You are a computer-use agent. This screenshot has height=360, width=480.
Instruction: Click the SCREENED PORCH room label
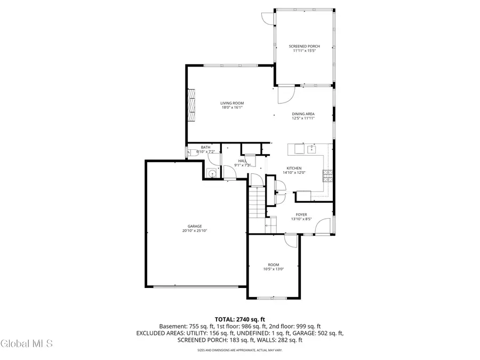point(304,46)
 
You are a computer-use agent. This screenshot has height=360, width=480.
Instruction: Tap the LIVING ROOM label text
point(232,103)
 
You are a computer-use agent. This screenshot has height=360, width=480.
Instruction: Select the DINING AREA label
point(303,114)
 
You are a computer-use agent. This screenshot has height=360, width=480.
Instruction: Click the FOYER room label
point(301,214)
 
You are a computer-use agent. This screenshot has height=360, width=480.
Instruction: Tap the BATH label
point(205,147)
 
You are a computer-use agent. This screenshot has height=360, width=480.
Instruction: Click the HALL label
point(243,161)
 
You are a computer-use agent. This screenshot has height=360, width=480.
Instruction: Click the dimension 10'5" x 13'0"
point(273,269)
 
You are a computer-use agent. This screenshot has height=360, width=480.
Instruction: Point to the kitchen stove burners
point(327,174)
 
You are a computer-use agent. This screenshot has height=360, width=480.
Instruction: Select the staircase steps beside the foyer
point(258,205)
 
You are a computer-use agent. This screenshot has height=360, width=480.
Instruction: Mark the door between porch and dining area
point(287,95)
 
